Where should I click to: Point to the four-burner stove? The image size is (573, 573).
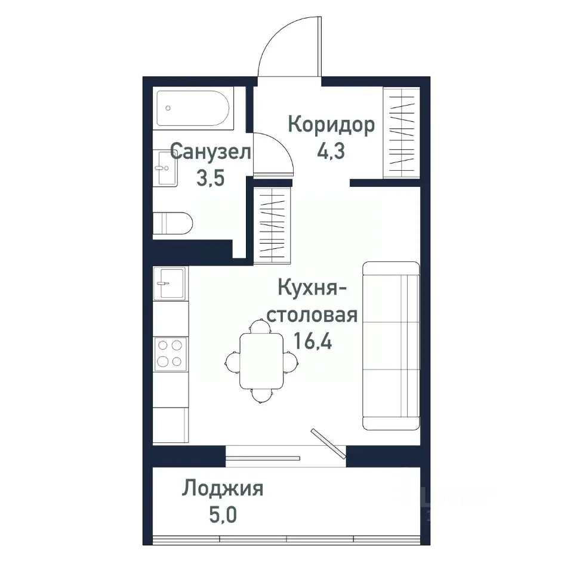(x=170, y=353)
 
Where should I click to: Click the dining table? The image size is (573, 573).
(x=261, y=361)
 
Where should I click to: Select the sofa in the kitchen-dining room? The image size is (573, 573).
(x=390, y=346)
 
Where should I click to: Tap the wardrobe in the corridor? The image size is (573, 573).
(x=401, y=132)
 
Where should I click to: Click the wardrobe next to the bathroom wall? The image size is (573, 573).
(x=272, y=224)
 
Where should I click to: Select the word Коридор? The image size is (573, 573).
(x=331, y=125)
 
